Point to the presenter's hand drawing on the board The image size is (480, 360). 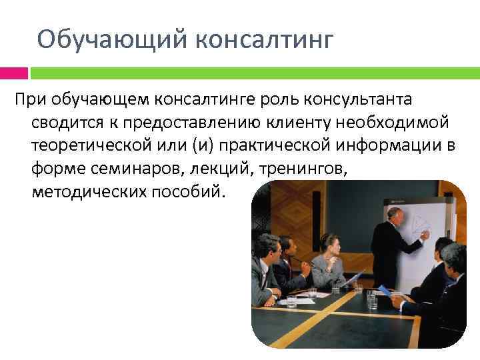click(x=425, y=235)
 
